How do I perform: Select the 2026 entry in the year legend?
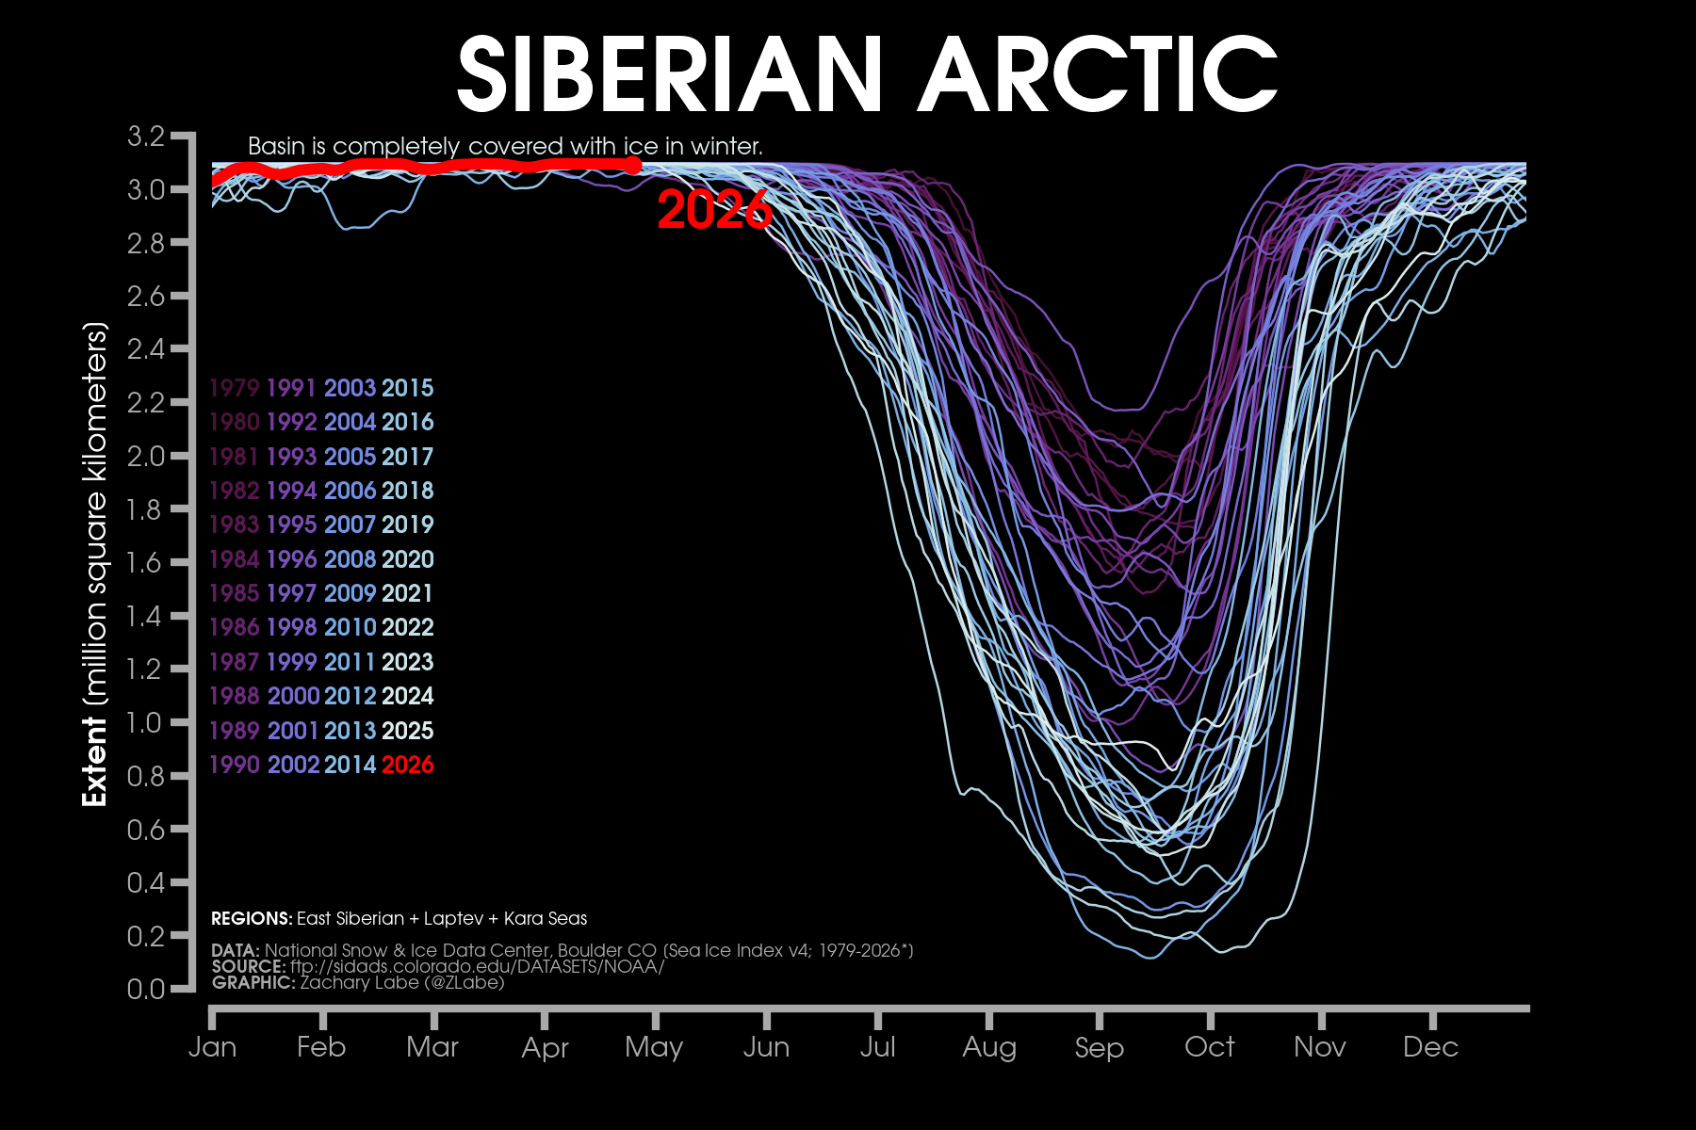pos(407,765)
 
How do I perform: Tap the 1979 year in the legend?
pos(234,388)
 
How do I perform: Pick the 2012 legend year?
pos(351,697)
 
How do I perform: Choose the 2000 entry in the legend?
pos(293,697)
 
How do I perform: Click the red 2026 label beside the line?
pos(714,210)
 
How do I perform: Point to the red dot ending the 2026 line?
pos(633,166)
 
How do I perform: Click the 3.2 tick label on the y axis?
pos(146,137)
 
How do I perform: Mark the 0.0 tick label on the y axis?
pos(146,989)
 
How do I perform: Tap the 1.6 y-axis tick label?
pos(146,563)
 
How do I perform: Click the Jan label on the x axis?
pos(212,1047)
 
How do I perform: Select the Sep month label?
pos(1099,1047)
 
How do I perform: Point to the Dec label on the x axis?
pos(1430,1047)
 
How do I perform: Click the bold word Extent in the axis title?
pos(94,761)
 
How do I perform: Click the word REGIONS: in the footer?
pos(252,919)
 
